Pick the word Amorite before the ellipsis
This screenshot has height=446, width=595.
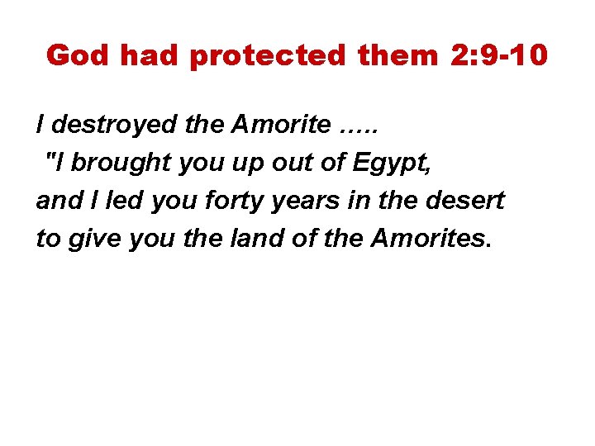(x=281, y=126)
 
